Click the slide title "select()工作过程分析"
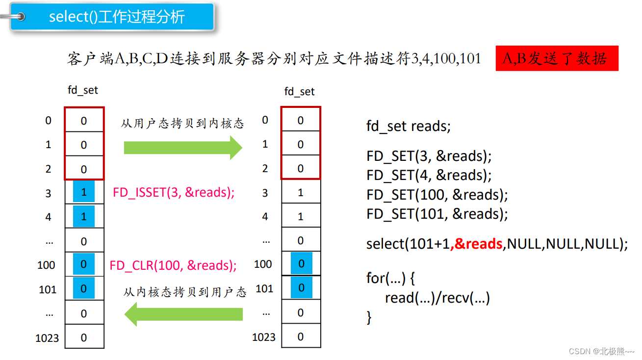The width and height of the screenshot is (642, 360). (x=117, y=17)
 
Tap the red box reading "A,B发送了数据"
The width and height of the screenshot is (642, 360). (x=557, y=59)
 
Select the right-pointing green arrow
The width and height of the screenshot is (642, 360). (x=182, y=147)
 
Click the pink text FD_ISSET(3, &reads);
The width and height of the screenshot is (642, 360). (x=174, y=192)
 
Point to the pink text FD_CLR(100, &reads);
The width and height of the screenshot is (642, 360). (x=173, y=265)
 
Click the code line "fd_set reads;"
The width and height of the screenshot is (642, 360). (x=408, y=126)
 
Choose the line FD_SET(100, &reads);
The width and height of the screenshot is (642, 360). (x=437, y=195)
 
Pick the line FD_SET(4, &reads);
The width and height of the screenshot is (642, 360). (x=429, y=175)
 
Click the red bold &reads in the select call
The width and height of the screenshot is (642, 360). (x=478, y=244)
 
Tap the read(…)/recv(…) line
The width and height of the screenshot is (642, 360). (x=437, y=298)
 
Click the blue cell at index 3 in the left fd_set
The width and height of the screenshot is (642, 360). (x=84, y=192)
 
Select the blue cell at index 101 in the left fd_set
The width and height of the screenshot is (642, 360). (x=84, y=289)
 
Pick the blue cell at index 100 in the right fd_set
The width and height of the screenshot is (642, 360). (x=301, y=264)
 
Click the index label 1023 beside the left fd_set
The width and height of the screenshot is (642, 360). (x=47, y=338)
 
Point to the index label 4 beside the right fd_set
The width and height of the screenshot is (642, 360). (x=265, y=216)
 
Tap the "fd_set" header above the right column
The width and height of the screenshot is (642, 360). (x=300, y=92)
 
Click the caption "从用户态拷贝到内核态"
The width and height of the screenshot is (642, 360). (x=182, y=123)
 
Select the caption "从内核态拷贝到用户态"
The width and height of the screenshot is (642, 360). (x=185, y=293)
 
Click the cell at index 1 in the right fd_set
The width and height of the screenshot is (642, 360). (x=301, y=144)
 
